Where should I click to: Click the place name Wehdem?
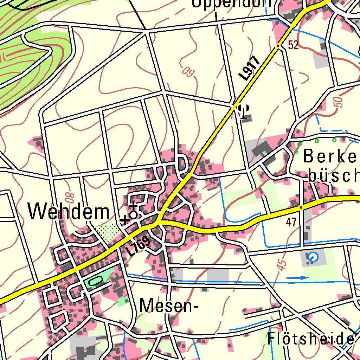point(69,212)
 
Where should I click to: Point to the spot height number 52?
point(293,45)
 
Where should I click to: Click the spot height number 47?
point(291,221)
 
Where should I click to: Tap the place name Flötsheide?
point(311,339)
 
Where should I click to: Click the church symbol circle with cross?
point(133,214)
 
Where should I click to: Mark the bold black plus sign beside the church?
point(124,221)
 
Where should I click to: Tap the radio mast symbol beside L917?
point(245,111)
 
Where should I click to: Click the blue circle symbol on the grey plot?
point(312,258)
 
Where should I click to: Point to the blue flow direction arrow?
point(297,278)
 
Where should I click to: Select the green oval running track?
point(96,280)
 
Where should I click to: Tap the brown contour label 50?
point(338,102)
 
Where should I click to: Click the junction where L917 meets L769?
point(158,222)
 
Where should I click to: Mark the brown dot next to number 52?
point(278,46)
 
